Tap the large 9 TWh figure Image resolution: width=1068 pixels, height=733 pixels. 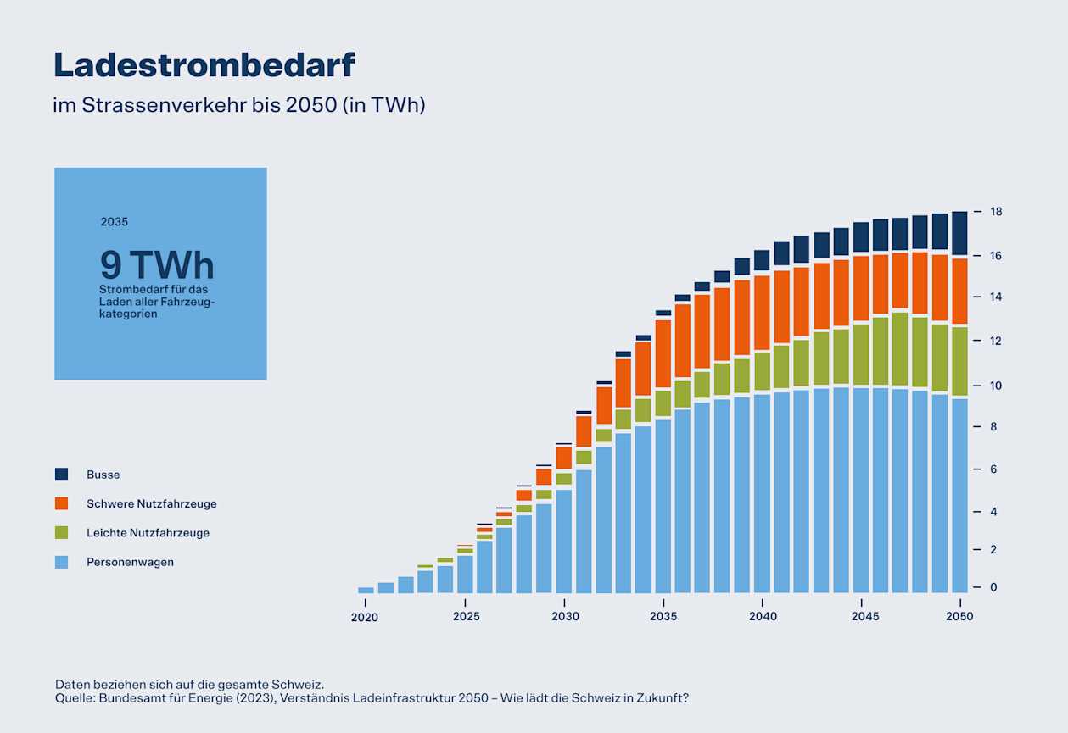pos(157,265)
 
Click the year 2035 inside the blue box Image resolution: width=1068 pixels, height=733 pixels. pos(114,222)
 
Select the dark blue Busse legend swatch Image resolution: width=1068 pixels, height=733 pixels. pos(61,475)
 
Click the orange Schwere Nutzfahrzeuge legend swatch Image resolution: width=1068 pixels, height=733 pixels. pos(61,503)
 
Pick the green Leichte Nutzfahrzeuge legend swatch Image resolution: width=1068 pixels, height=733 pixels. pos(61,533)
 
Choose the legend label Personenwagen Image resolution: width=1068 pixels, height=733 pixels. pos(130,562)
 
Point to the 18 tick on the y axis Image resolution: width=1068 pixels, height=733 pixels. pos(996,212)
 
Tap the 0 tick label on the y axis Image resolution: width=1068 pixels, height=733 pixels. pos(993,587)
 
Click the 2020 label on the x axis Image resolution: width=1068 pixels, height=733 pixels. pos(365,617)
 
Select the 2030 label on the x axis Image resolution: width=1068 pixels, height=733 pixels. pos(565,617)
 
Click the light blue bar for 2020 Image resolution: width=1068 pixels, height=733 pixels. pos(366,590)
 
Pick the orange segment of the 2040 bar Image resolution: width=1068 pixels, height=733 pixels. pos(762,313)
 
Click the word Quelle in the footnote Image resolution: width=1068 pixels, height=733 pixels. pos(74,698)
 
